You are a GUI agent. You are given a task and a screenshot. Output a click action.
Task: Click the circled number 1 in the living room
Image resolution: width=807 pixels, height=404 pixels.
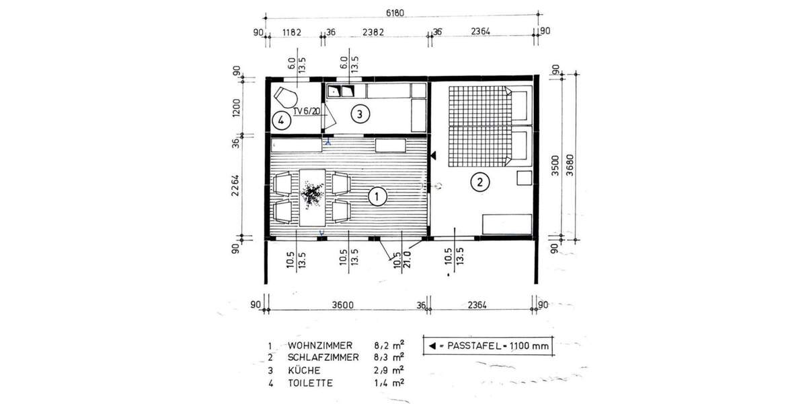coord(377,197)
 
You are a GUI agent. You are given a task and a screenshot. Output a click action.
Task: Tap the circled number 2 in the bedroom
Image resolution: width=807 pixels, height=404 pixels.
coord(479,182)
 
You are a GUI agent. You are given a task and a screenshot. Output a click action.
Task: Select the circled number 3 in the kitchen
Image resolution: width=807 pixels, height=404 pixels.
coord(360,114)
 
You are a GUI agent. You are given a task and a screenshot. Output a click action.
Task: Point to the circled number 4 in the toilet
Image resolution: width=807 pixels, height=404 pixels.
coord(282,121)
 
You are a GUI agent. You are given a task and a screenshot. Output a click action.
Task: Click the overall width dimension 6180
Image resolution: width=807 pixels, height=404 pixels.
coord(401,13)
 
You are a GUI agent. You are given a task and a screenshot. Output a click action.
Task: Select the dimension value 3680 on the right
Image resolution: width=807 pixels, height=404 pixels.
coord(571,160)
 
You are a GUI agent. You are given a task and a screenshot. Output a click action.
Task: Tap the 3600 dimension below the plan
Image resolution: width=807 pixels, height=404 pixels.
coord(344,305)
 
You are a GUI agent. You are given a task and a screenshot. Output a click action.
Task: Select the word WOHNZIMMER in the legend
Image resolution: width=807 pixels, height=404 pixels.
coord(319,345)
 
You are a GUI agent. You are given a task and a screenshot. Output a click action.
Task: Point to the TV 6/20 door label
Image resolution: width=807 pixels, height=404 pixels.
coord(307,111)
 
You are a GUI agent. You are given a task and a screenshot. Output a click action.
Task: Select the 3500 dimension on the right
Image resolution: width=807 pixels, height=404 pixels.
coord(555,160)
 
